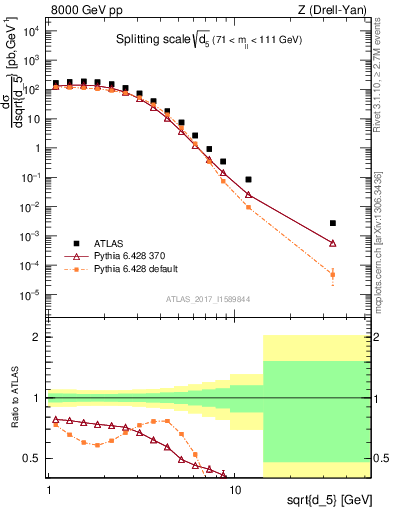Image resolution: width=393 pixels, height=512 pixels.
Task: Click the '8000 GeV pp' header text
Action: click(x=83, y=9)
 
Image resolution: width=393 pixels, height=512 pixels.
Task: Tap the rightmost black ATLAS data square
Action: click(x=332, y=223)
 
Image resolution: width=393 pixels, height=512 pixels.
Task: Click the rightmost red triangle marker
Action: click(x=332, y=243)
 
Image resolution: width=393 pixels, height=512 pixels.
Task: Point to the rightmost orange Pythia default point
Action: click(x=332, y=274)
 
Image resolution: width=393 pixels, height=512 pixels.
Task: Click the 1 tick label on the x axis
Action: click(x=48, y=476)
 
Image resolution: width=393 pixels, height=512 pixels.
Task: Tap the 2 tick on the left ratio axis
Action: click(x=39, y=337)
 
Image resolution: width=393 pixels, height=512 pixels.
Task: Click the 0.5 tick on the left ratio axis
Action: click(x=35, y=458)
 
